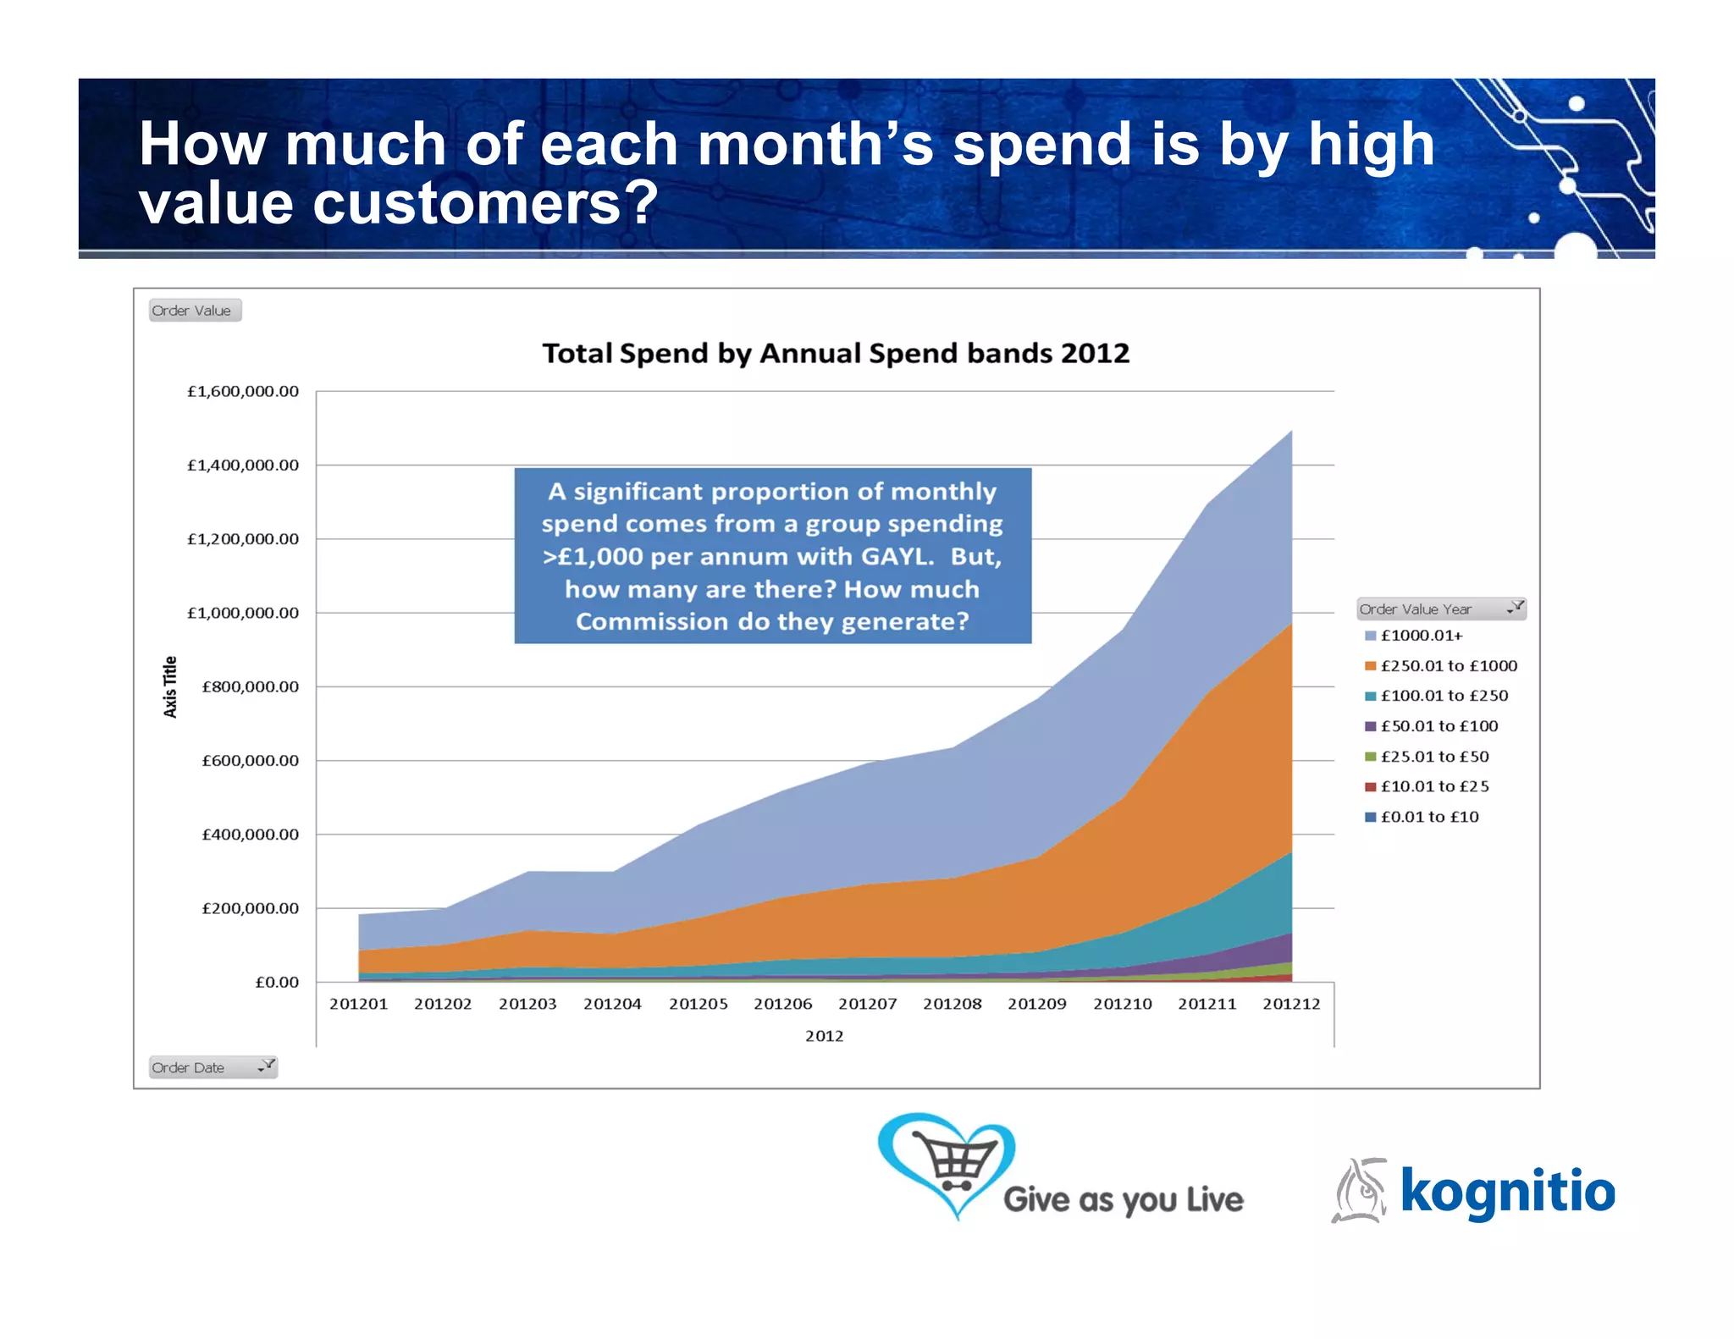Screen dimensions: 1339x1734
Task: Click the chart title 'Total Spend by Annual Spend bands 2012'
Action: coord(836,353)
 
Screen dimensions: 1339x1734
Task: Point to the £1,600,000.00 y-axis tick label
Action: coord(243,391)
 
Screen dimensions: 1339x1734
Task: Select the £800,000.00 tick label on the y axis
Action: coord(250,686)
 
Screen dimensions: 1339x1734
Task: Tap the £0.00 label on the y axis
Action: coord(277,982)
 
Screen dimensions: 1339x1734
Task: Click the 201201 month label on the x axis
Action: coord(358,1004)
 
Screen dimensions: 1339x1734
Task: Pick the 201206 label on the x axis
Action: coord(782,1004)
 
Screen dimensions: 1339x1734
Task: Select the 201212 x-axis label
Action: coord(1291,1004)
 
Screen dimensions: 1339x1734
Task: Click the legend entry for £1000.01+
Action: coord(1421,636)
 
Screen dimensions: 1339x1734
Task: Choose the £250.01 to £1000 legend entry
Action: coord(1448,666)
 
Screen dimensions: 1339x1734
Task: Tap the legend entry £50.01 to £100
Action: coord(1439,726)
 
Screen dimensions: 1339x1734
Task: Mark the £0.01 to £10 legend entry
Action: coord(1429,817)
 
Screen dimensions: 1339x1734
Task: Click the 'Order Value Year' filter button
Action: coord(1440,609)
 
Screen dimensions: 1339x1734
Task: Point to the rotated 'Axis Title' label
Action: coord(170,686)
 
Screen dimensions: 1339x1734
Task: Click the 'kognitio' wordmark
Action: coord(1507,1190)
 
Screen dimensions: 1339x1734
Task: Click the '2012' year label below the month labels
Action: coord(824,1036)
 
